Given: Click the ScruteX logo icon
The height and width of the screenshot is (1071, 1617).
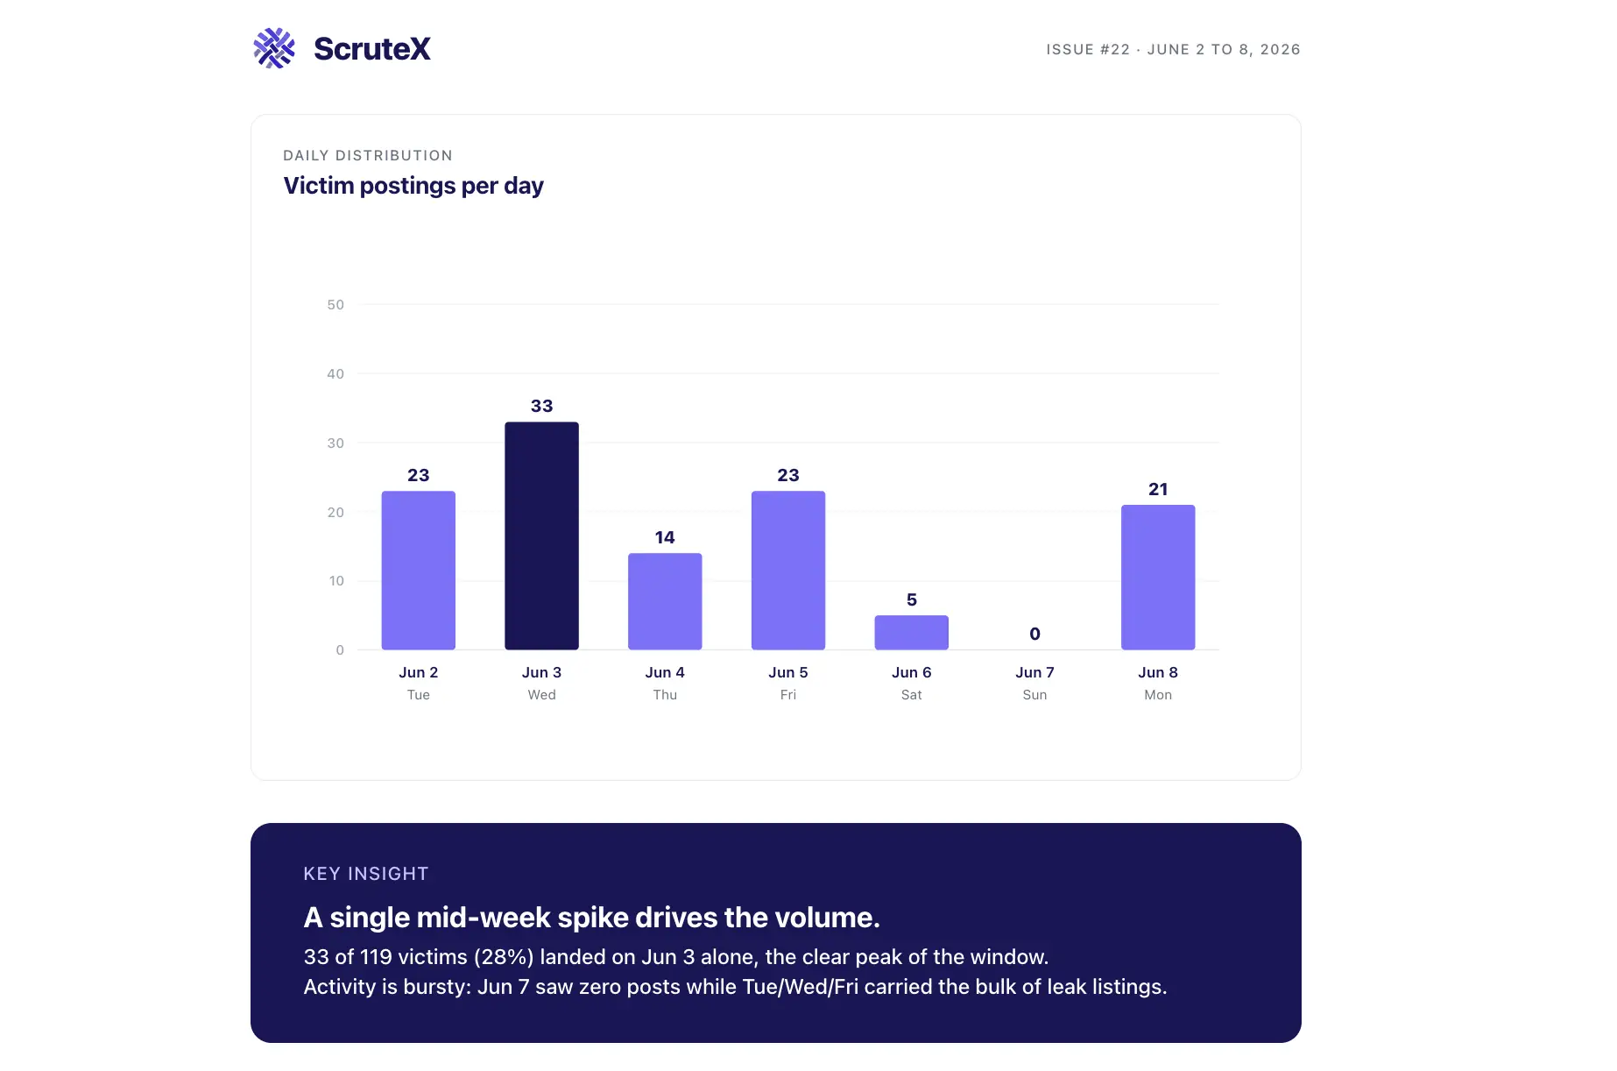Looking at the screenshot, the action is coord(274,48).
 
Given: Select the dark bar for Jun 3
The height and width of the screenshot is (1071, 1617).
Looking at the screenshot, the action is coord(541,535).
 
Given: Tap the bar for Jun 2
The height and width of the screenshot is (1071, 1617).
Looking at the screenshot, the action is coord(419,570).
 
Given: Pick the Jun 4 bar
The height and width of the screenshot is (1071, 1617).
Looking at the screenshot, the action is coord(665,601).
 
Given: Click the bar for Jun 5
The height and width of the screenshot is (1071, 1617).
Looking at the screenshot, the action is coord(788,570).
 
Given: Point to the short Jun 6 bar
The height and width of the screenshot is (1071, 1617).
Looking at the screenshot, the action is coord(911,632).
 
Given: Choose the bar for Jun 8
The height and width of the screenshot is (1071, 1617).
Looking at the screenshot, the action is coord(1158,577).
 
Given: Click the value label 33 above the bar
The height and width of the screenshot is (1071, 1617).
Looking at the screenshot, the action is coord(541,406).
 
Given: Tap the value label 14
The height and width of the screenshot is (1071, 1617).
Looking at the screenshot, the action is coord(665,537).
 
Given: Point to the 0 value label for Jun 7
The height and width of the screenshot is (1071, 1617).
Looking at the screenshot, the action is coord(1034,634).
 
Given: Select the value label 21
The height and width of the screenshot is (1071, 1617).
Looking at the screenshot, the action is coord(1158,489).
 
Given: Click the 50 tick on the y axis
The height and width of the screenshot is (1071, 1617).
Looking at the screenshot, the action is coord(335,305).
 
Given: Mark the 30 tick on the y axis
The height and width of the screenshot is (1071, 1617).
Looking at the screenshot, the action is coord(335,443).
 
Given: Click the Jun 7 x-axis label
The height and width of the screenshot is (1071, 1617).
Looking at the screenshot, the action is coord(1034,672).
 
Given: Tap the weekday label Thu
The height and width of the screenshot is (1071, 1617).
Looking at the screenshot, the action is coord(665,695).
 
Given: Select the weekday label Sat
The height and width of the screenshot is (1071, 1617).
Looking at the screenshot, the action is coord(911,695).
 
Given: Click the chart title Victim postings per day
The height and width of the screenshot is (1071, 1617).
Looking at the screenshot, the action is coord(413,186).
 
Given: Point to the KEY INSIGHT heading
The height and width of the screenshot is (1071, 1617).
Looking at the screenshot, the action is coord(366,874).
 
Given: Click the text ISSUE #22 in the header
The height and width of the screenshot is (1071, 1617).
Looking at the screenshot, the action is coord(1088,50).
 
